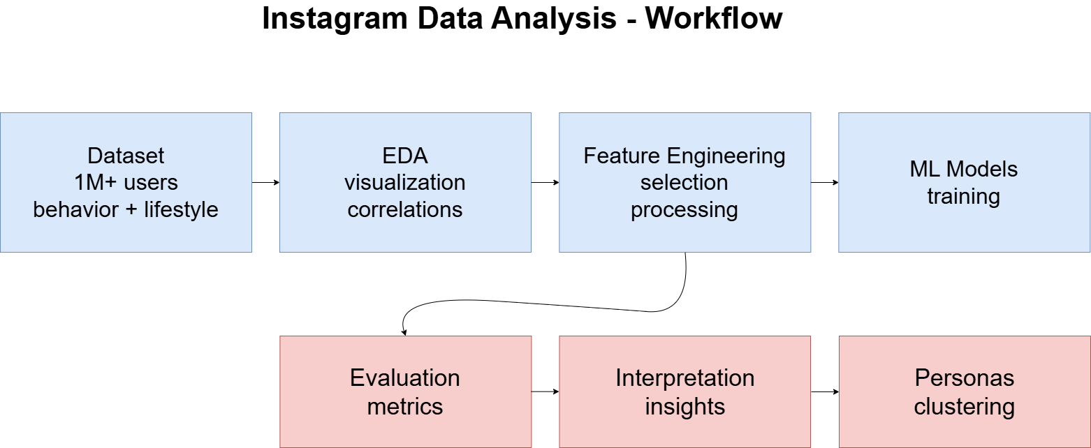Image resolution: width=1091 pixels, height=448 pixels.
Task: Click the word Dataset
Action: [126, 155]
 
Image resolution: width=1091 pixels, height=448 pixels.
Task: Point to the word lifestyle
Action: [181, 209]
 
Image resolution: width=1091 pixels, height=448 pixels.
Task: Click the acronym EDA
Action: [405, 155]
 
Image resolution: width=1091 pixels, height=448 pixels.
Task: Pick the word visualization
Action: [405, 183]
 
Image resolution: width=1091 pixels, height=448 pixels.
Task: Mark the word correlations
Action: [405, 209]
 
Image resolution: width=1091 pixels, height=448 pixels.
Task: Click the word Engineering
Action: [725, 156]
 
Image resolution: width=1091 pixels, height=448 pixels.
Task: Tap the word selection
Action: [684, 183]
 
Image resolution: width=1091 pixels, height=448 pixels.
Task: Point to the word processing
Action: [684, 210]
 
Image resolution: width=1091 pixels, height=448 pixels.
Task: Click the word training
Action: [964, 197]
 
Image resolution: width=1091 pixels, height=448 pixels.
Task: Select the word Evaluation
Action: [405, 378]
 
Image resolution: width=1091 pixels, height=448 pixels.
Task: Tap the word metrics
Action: [405, 406]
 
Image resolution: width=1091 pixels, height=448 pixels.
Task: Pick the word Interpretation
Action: [684, 378]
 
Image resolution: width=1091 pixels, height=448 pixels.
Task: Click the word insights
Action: [684, 407]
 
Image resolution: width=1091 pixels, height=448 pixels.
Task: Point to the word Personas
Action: [964, 378]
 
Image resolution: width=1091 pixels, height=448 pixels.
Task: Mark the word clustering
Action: [964, 407]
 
